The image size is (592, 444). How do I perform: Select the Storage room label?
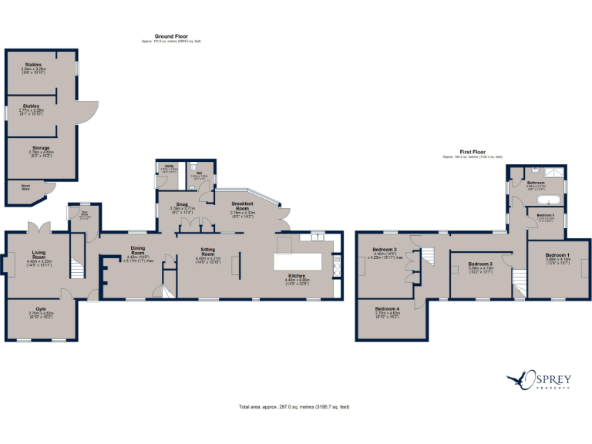pos(41,148)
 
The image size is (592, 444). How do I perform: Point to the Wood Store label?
pos(25,185)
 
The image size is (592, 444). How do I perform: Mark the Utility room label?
pos(168,166)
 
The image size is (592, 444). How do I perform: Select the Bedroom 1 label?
pos(557,255)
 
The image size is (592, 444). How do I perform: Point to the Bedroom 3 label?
pos(480,264)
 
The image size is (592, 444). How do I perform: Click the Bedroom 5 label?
pos(546,216)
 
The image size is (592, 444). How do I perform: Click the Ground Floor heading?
pos(172,36)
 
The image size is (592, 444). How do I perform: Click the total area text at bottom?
pos(295,406)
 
